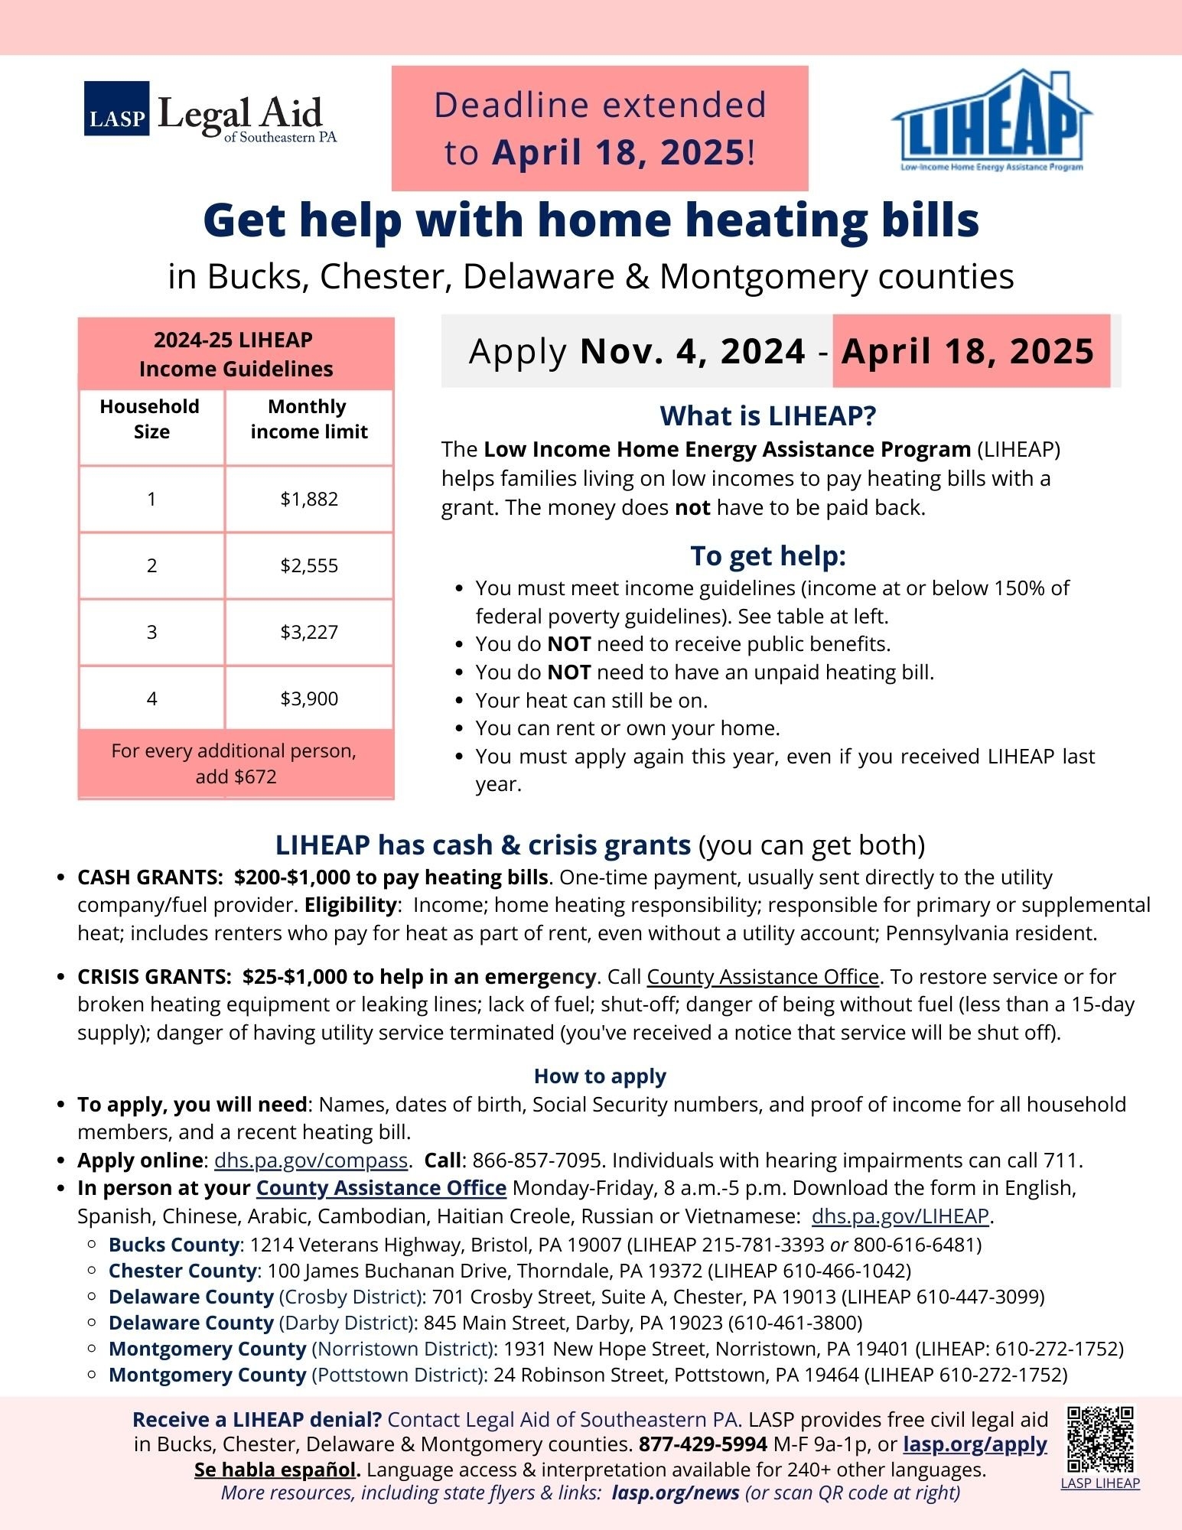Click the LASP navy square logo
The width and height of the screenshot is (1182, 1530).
116,109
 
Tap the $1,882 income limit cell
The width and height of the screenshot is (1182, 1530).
309,500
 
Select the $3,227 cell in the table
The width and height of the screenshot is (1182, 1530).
309,633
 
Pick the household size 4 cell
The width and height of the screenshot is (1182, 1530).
151,699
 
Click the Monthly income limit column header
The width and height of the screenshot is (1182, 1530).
309,419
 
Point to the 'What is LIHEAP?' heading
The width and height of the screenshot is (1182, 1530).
767,416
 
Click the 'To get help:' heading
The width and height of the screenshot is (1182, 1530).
767,556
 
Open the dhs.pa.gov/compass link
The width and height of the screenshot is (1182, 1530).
311,1161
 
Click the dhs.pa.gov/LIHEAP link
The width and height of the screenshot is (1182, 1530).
900,1216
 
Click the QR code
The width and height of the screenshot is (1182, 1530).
1100,1439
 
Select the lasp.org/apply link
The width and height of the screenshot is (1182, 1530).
975,1444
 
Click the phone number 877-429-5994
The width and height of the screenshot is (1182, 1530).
702,1444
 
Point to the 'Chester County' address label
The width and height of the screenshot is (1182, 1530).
182,1271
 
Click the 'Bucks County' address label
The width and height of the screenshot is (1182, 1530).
174,1245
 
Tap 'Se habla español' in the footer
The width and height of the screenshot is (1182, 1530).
277,1470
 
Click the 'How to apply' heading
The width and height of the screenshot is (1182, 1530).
600,1076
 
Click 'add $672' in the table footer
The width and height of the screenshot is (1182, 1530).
236,777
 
